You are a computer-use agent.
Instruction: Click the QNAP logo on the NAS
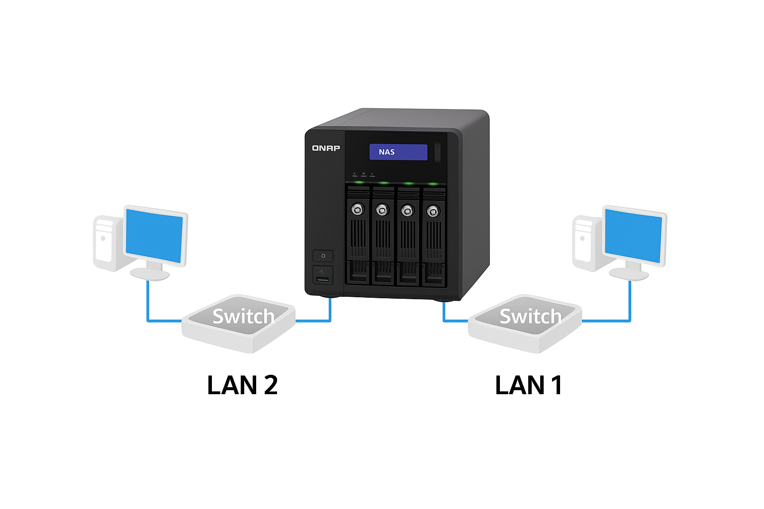click(326, 148)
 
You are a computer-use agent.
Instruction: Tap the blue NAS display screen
click(398, 152)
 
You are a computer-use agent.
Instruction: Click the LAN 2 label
click(242, 385)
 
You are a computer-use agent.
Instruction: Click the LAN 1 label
click(528, 385)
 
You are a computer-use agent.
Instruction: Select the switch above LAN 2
click(239, 323)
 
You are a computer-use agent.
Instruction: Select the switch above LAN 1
click(525, 323)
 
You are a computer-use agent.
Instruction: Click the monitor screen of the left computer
click(154, 236)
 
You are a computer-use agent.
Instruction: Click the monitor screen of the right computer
click(634, 236)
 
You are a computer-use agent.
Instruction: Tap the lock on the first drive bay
click(357, 209)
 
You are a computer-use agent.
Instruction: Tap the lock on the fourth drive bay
click(433, 211)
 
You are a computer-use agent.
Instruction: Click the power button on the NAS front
click(323, 256)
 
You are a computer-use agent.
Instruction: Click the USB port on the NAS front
click(323, 280)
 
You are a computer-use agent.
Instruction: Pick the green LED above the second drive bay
click(383, 183)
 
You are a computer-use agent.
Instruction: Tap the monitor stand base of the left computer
click(150, 274)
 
